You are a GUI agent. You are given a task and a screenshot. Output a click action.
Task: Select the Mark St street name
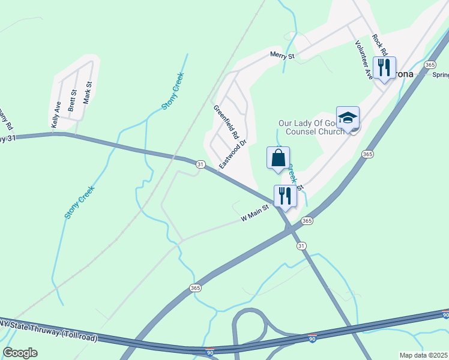(88, 92)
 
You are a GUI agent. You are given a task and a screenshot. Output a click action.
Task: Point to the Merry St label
(282, 56)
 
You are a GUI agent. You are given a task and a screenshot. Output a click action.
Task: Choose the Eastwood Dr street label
(234, 155)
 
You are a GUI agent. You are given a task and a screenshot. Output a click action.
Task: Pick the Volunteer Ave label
(364, 59)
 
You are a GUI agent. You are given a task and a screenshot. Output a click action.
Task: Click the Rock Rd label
(378, 44)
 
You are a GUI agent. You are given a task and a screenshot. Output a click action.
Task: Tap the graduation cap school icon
(348, 118)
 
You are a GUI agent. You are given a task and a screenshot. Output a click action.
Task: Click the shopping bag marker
(278, 158)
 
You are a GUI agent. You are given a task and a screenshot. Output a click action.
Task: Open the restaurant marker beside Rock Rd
(384, 67)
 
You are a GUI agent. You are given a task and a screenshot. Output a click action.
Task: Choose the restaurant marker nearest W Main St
(285, 196)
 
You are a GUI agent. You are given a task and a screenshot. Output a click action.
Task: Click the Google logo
(20, 353)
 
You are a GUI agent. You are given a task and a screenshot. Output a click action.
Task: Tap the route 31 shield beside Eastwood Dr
(200, 164)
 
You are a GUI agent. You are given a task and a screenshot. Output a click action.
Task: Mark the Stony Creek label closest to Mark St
(172, 91)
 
